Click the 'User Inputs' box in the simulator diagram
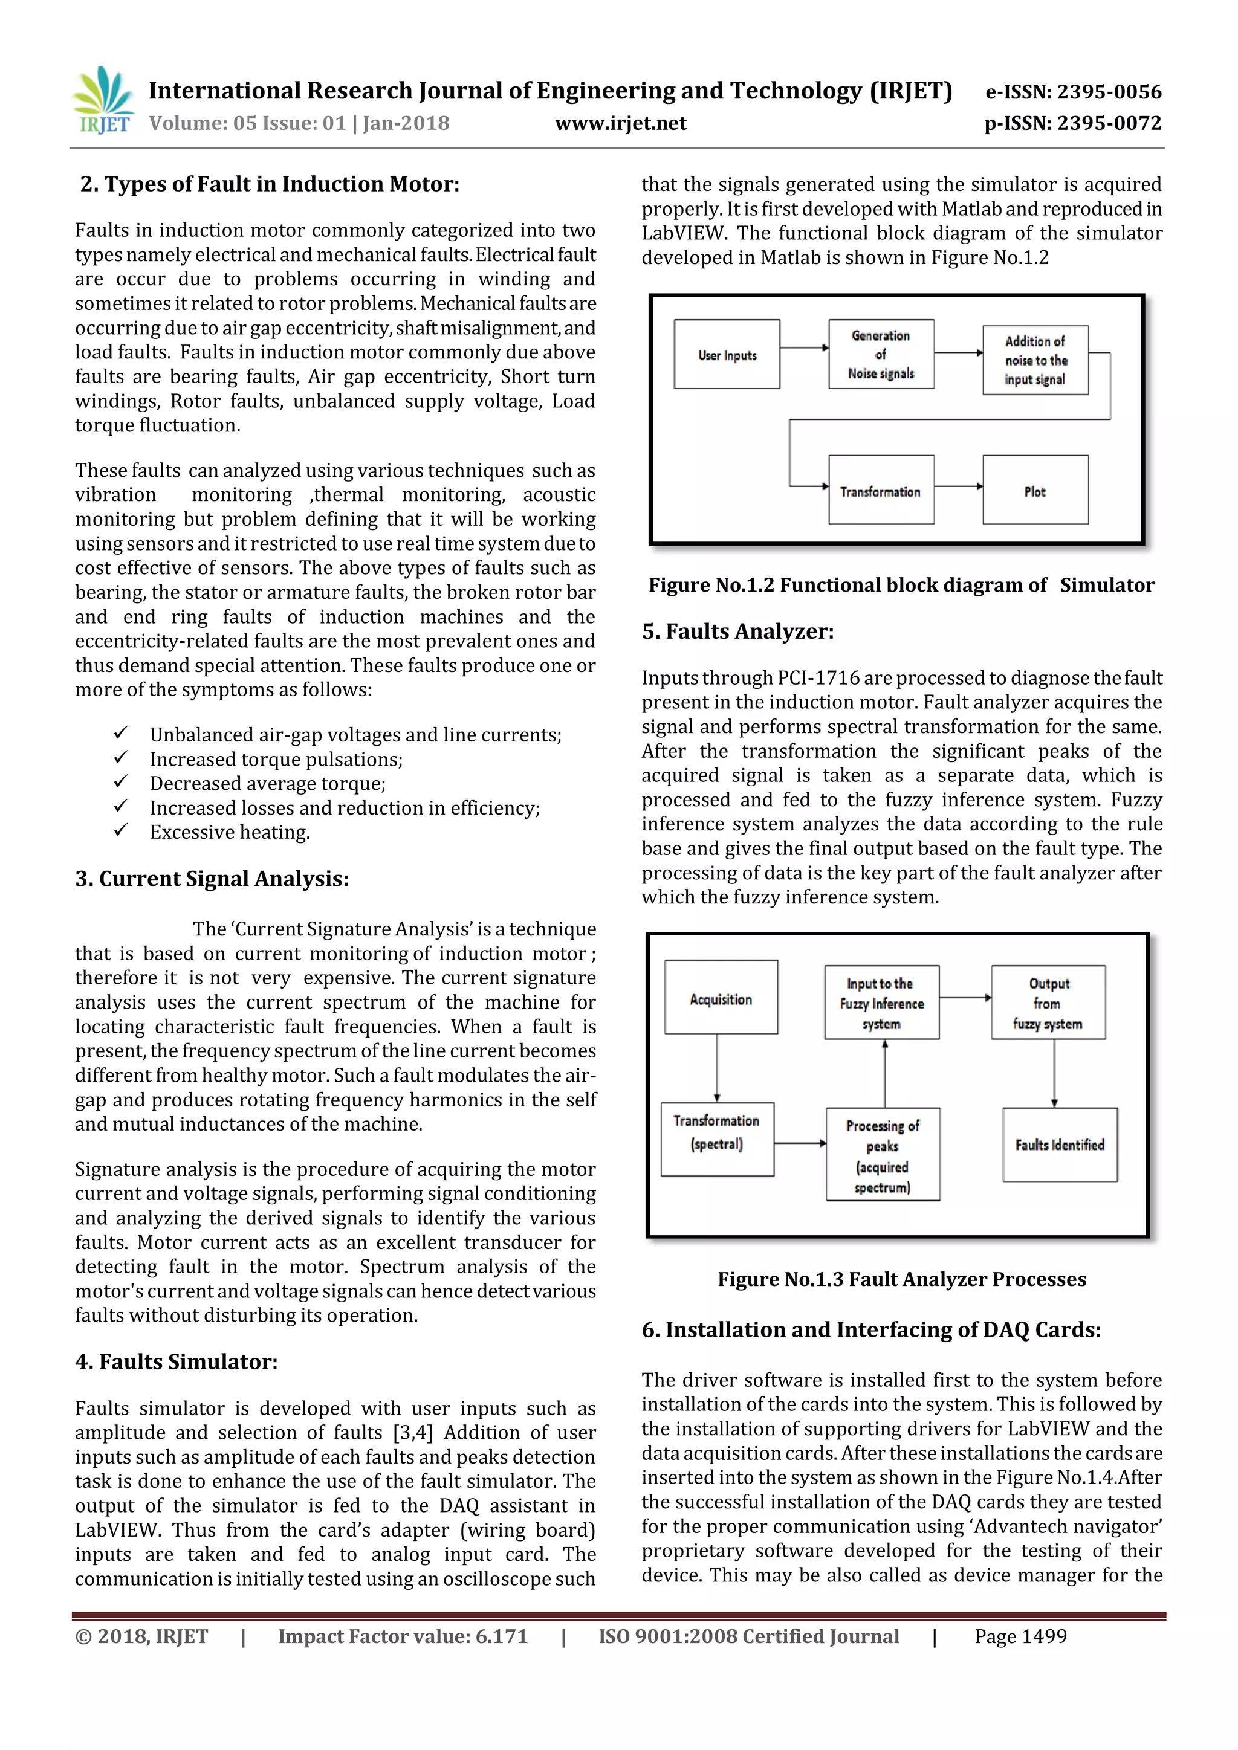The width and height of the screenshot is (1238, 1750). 727,355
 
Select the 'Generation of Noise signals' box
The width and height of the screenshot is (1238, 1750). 881,355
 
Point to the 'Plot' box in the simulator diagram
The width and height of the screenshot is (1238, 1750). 1034,491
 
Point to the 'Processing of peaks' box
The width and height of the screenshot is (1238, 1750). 882,1155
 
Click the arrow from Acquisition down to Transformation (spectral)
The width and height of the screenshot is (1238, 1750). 716,1067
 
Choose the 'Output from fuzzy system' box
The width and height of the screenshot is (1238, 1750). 1048,1003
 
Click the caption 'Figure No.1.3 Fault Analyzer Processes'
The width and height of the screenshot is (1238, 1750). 901,1279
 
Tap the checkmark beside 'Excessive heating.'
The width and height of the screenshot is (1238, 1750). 120,831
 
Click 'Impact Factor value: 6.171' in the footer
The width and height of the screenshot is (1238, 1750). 403,1636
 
